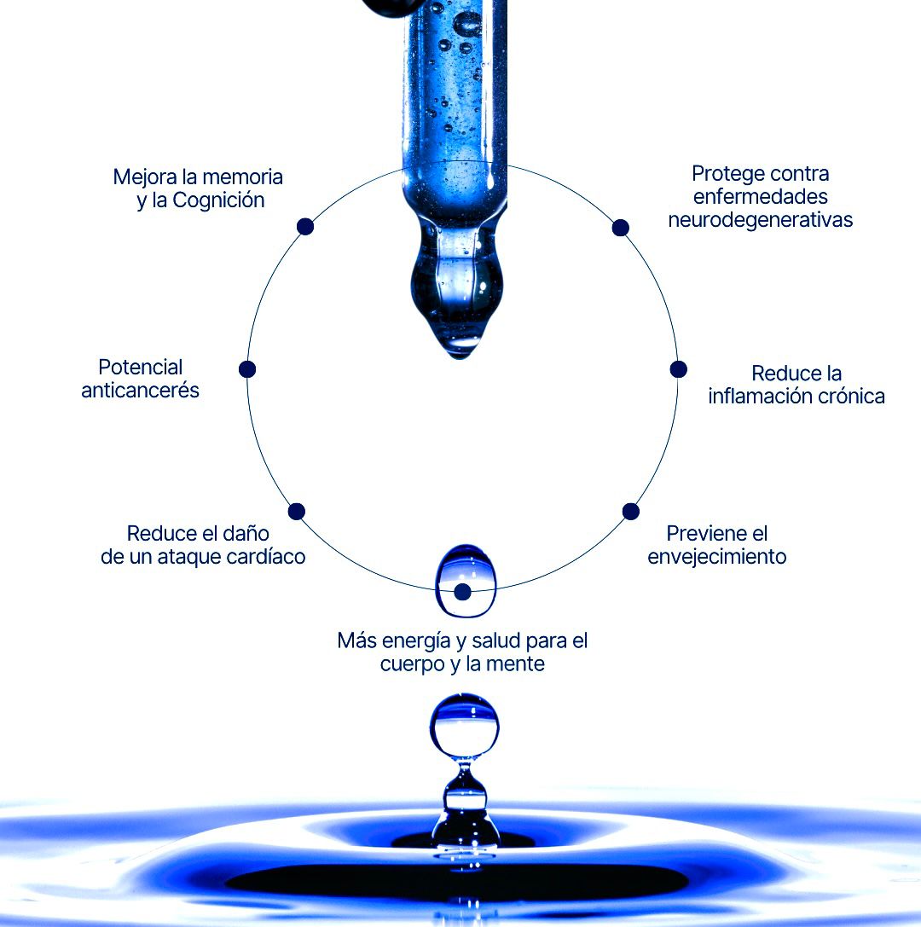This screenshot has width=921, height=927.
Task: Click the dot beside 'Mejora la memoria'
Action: [x=305, y=227]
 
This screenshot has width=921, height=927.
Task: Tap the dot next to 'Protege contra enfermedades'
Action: [x=620, y=228]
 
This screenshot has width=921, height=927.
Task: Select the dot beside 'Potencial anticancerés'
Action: [x=247, y=369]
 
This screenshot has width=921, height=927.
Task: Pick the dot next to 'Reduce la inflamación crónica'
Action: [x=679, y=369]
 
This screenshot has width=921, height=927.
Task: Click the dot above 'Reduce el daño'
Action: [x=296, y=512]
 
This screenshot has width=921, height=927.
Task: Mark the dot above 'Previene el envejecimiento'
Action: [x=631, y=512]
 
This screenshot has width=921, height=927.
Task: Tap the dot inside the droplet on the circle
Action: [x=463, y=591]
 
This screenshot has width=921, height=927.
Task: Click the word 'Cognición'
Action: [x=218, y=200]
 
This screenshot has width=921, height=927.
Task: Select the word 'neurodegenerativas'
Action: [x=760, y=220]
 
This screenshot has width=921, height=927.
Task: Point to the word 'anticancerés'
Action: [x=140, y=391]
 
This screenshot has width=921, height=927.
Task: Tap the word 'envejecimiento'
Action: [x=717, y=557]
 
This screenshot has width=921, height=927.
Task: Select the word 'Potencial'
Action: [x=140, y=368]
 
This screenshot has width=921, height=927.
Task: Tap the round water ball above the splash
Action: [x=465, y=726]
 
